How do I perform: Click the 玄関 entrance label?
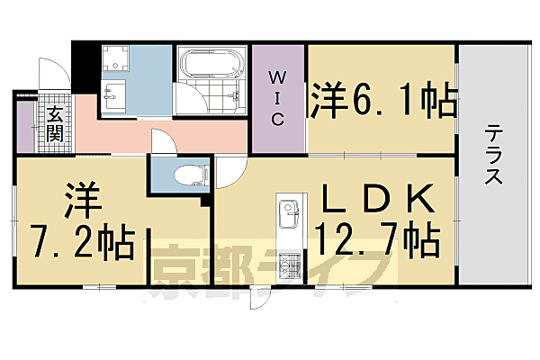(x=55, y=125)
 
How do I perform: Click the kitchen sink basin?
(x=289, y=215)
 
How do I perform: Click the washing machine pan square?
(x=114, y=60)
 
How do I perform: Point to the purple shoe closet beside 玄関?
(x=23, y=126)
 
